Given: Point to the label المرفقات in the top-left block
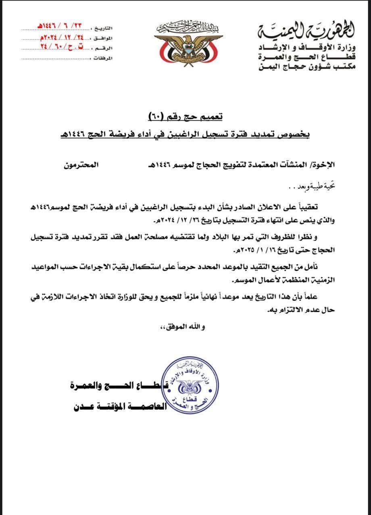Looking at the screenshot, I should point(103,58).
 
